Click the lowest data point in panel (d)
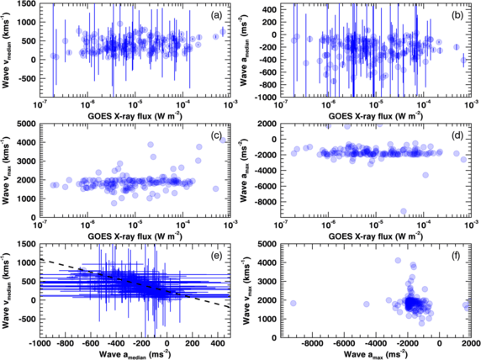(x=404, y=211)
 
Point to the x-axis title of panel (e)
(x=140, y=354)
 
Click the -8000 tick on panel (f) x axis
(x=315, y=342)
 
